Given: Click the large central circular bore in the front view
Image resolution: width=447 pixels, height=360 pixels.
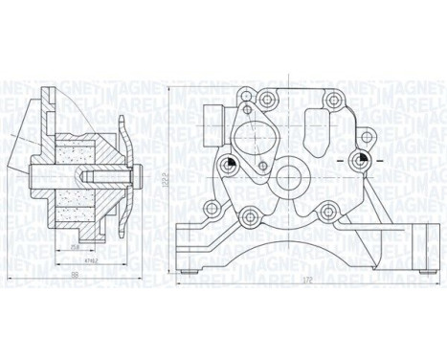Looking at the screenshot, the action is tap(290, 180).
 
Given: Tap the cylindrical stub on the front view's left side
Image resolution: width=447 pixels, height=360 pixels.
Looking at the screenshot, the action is tap(212, 122).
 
